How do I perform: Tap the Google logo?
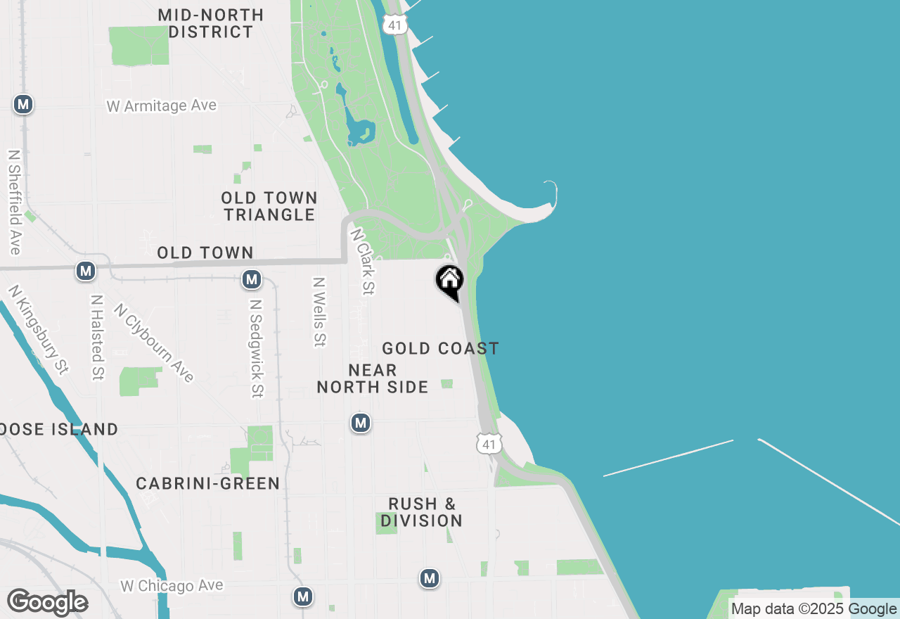[47, 602]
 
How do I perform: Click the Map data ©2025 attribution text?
[788, 609]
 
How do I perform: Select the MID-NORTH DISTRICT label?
[210, 23]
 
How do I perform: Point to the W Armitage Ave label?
[162, 106]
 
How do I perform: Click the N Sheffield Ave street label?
[14, 202]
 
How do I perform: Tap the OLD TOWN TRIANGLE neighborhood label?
[269, 206]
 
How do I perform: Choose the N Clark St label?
[363, 262]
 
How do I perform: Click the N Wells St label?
[320, 312]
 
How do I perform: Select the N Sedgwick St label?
[257, 349]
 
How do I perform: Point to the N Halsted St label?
[97, 338]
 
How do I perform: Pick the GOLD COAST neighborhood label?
[440, 348]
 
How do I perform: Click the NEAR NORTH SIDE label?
[373, 378]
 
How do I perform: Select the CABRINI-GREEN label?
[208, 483]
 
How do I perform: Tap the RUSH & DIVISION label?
[422, 512]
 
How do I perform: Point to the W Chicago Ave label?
[172, 586]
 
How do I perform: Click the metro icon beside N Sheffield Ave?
[23, 105]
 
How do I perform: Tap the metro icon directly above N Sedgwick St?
[251, 279]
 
